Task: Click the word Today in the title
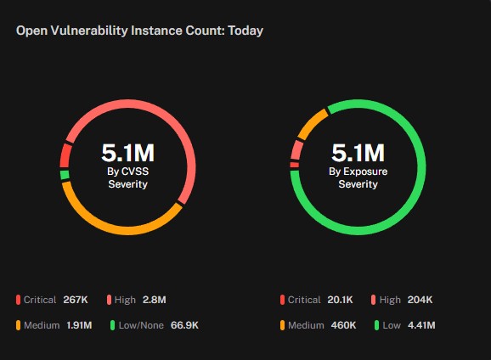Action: point(245,31)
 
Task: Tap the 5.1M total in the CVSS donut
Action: point(127,153)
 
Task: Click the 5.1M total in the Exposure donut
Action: point(358,153)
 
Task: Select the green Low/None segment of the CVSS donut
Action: point(65,175)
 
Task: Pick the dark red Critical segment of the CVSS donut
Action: point(65,155)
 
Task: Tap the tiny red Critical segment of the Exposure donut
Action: point(295,165)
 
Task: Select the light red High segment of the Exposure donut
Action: point(296,150)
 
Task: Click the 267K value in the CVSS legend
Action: point(76,300)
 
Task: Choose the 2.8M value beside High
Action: point(155,300)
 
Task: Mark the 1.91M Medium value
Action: point(79,325)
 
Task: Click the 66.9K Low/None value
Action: point(184,325)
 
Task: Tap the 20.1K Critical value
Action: point(340,300)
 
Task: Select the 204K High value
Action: point(420,300)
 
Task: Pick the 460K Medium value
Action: point(343,325)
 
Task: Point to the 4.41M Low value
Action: point(421,325)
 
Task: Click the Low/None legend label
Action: point(141,325)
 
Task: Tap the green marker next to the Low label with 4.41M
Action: point(376,325)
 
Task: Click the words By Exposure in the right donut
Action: point(358,172)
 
